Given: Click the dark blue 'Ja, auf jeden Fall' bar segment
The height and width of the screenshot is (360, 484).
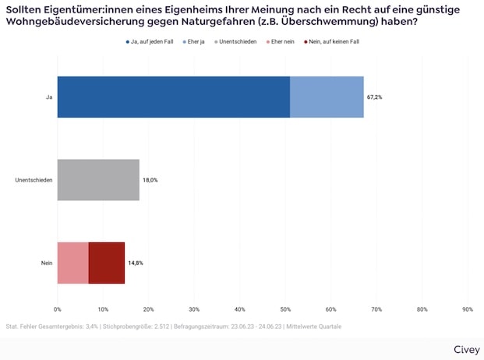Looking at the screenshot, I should coord(173,97).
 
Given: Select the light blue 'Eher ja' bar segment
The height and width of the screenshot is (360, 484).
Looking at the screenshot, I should coord(327,97).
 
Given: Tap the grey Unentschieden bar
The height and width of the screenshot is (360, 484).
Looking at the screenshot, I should coord(98,180).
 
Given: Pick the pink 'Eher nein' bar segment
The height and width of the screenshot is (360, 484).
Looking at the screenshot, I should coord(73,263).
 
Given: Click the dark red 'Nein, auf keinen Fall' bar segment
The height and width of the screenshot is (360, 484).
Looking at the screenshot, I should coord(107,263).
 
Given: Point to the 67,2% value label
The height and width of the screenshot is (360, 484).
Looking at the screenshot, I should coord(374,97).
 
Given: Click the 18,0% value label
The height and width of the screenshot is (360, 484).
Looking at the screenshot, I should coord(150,180).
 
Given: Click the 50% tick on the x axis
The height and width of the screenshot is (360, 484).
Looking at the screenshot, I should coord(285,309).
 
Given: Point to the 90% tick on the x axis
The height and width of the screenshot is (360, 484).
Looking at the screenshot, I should coord(468,309).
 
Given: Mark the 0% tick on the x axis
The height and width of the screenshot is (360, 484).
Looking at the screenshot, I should coord(58,309).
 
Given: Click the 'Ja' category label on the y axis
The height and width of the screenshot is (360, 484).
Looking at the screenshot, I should coord(48,97).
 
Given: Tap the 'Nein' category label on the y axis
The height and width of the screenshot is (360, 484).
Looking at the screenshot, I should coord(47,263).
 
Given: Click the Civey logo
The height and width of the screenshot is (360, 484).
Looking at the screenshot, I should coord(466,348).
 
